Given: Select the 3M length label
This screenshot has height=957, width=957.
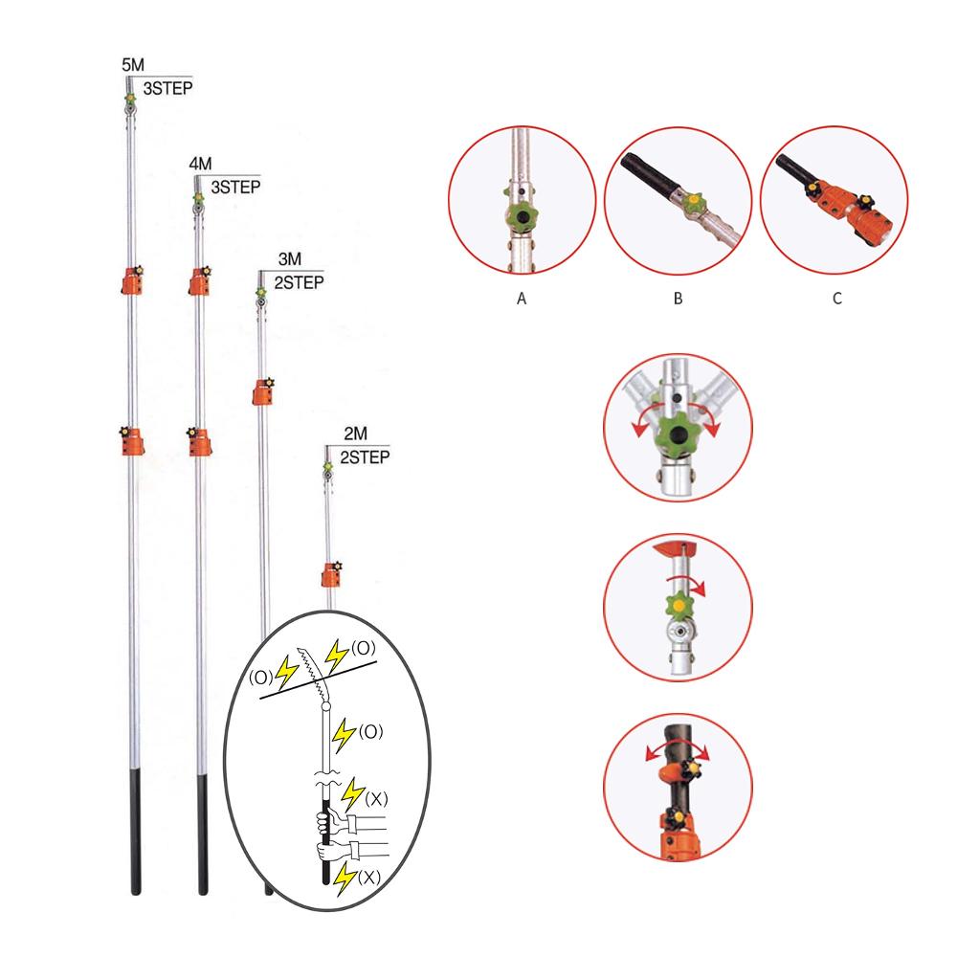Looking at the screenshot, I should pyautogui.click(x=287, y=260).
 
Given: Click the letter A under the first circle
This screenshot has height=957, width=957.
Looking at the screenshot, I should pyautogui.click(x=522, y=299).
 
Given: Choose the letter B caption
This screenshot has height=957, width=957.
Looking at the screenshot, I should pyautogui.click(x=677, y=299).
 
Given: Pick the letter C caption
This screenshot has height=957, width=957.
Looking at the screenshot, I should pyautogui.click(x=836, y=299).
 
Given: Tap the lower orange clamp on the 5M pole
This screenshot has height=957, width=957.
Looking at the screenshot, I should pyautogui.click(x=130, y=441).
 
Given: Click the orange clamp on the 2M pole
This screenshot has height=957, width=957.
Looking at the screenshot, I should pyautogui.click(x=331, y=575).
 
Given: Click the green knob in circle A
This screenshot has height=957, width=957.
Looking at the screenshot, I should pyautogui.click(x=522, y=216).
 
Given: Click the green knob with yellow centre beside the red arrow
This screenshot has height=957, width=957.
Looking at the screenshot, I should pyautogui.click(x=679, y=605).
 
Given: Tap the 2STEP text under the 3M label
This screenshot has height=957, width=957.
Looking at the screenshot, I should pyautogui.click(x=299, y=282).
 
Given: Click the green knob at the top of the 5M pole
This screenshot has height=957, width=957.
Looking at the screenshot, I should pyautogui.click(x=129, y=99).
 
